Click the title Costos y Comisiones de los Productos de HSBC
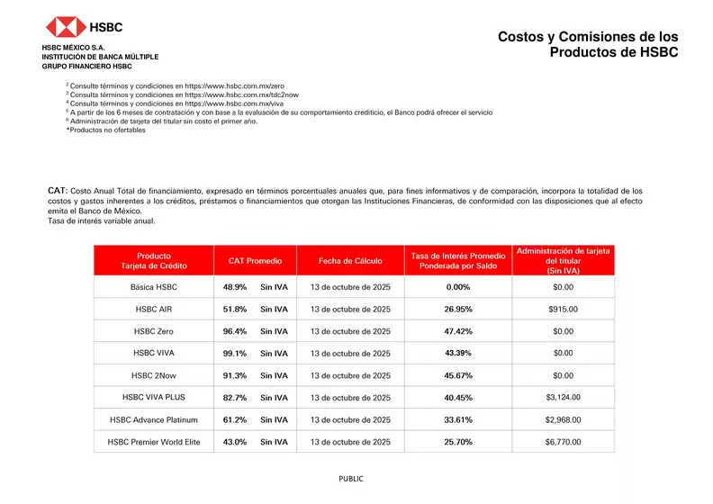tap(588, 44)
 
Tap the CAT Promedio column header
tap(255, 261)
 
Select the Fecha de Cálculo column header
tap(350, 261)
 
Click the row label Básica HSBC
tap(154, 287)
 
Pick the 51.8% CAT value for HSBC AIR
tap(235, 309)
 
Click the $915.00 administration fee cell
tap(563, 309)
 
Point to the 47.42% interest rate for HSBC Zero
tap(458, 331)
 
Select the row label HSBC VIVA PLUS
tap(154, 397)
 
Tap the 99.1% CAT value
tap(235, 354)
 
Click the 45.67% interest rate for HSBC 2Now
tap(458, 375)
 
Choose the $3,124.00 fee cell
tap(563, 397)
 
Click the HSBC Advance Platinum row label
tap(154, 419)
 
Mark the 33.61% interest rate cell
tap(458, 419)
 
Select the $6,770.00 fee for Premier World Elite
tap(563, 442)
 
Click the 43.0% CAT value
tap(235, 442)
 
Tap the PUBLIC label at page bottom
tap(351, 479)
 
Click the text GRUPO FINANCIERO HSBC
tap(86, 67)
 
